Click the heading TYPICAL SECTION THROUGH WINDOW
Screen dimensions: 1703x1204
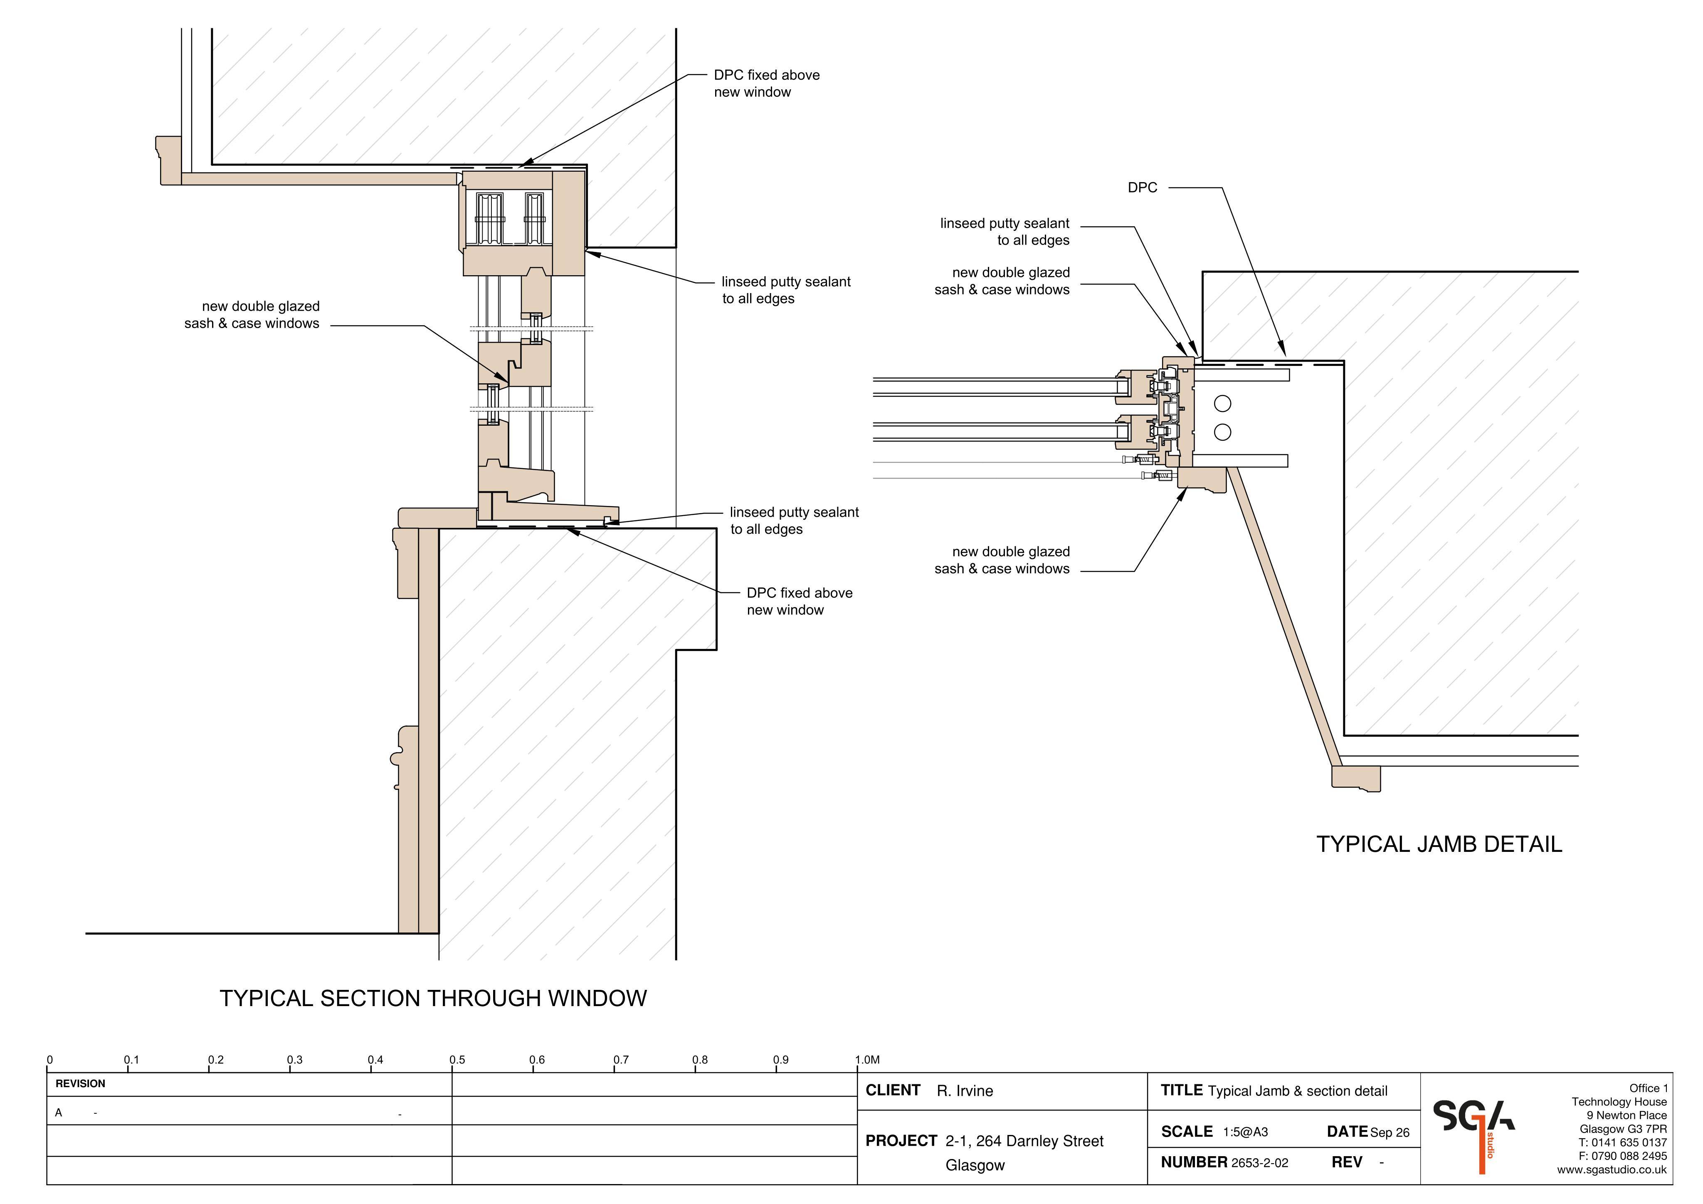click(x=433, y=999)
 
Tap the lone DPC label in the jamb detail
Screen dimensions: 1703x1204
click(x=1142, y=188)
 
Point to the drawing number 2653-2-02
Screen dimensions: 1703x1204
click(x=1259, y=1163)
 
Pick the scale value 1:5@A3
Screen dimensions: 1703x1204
click(x=1245, y=1132)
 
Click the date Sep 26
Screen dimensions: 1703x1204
click(x=1390, y=1133)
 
